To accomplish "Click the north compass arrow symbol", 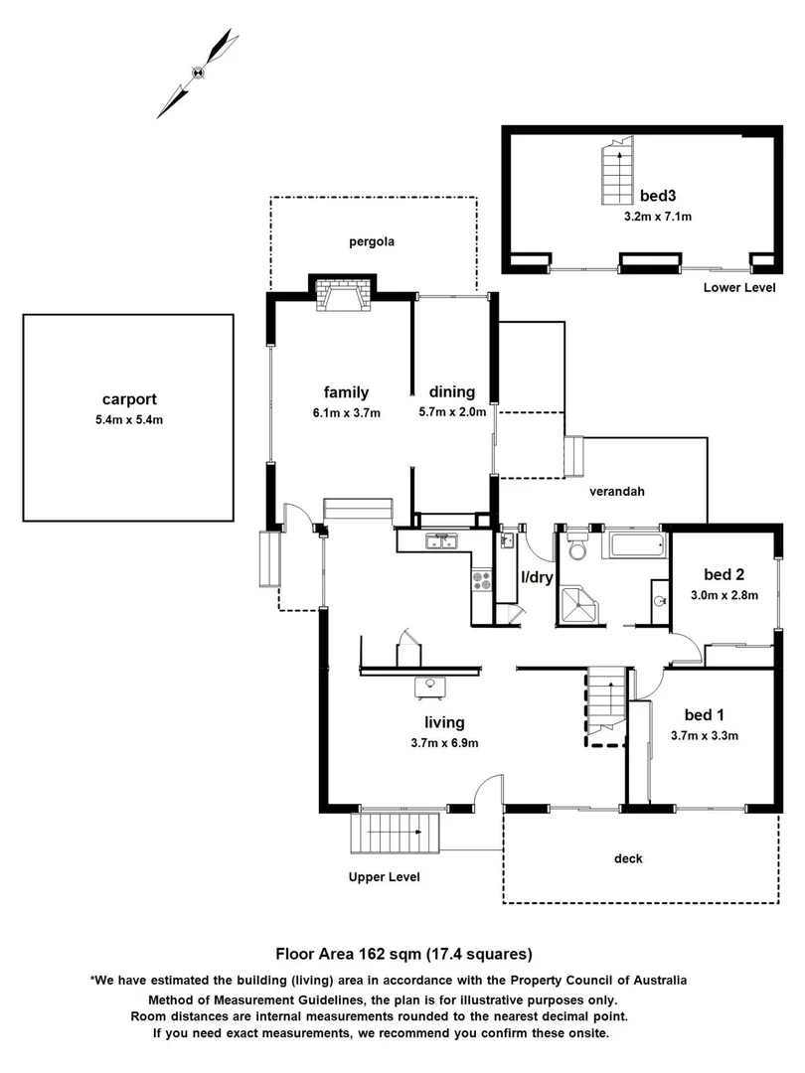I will (x=198, y=72).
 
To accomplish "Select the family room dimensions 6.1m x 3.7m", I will (x=346, y=412).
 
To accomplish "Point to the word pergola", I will (x=372, y=240).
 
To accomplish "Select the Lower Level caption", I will (x=740, y=288).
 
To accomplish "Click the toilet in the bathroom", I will (x=576, y=548).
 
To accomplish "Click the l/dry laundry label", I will (x=536, y=577).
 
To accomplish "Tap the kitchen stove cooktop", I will (x=482, y=580).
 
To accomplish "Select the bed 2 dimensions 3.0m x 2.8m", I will (x=724, y=596).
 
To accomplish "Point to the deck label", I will (x=628, y=858).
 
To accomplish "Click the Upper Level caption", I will (x=384, y=877).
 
